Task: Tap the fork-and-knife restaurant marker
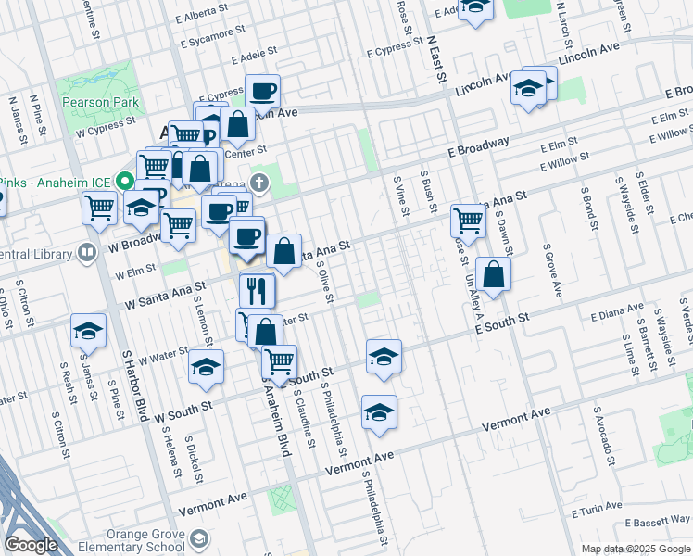click(x=257, y=291)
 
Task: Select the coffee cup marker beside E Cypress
click(x=263, y=91)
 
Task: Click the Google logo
click(x=30, y=546)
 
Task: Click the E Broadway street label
click(x=478, y=146)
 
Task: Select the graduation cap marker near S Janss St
click(x=88, y=332)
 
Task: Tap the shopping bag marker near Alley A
click(x=494, y=275)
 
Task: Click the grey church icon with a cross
click(x=261, y=182)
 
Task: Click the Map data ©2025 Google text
click(x=635, y=549)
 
